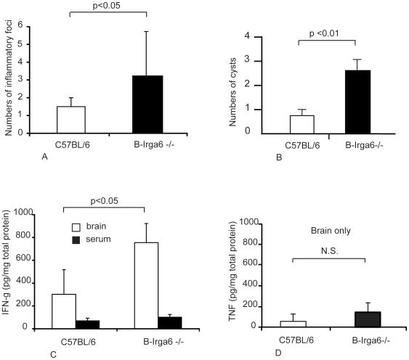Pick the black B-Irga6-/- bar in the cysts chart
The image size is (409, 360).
click(x=352, y=102)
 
